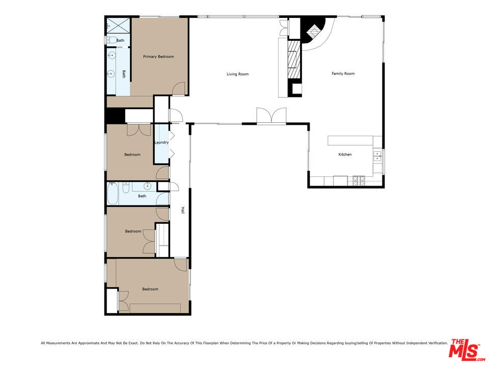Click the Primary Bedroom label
coord(158,57)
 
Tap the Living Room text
coord(237,74)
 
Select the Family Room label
coord(343,74)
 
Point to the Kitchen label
coord(345,154)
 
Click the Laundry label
coord(161,142)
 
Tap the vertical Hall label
coord(182,210)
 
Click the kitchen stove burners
coord(358,180)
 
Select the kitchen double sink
coord(377,155)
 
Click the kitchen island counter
coord(354,140)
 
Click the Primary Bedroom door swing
coord(178,89)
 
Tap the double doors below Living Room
coord(271,116)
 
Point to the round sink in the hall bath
coord(148,187)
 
